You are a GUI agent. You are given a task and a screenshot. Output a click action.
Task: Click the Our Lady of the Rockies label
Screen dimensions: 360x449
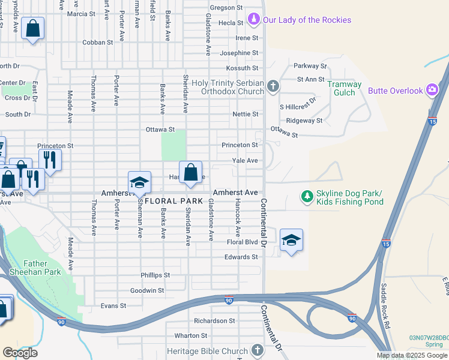click(306, 20)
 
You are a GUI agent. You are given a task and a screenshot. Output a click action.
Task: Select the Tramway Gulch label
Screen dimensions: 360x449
click(344, 89)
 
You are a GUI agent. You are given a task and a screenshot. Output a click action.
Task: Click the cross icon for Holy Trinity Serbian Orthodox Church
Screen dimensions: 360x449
click(273, 86)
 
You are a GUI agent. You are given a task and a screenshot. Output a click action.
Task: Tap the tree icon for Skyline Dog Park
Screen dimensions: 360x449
click(307, 196)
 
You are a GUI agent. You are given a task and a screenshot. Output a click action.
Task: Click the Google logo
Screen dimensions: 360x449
click(20, 352)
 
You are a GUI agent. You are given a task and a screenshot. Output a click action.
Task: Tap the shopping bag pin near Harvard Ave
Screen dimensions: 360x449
click(190, 173)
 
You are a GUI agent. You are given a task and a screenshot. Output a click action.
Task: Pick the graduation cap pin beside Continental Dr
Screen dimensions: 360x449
click(291, 241)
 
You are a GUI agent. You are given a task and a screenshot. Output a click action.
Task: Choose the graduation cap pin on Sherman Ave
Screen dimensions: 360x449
click(139, 183)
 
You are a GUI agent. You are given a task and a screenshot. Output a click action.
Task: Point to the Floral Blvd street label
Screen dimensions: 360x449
click(242, 242)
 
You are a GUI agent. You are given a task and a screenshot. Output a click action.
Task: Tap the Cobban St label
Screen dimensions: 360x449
click(97, 43)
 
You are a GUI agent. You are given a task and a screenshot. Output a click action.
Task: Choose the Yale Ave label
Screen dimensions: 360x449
click(245, 161)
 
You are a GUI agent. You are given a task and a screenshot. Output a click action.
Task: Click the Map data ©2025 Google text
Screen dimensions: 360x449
click(412, 355)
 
